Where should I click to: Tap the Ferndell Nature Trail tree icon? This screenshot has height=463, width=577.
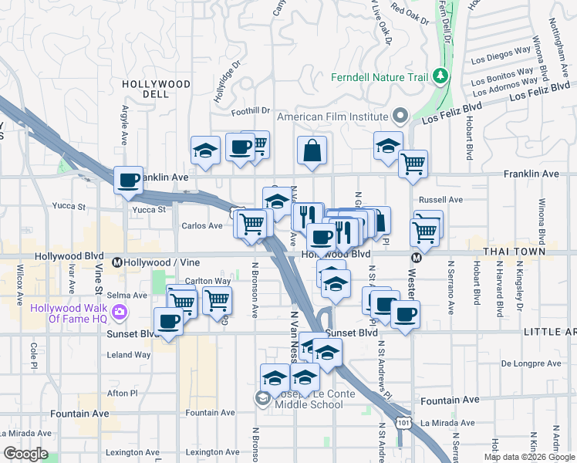click(440, 76)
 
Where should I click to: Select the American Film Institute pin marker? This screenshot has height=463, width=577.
click(400, 117)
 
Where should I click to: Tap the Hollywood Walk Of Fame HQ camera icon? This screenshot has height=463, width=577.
click(120, 313)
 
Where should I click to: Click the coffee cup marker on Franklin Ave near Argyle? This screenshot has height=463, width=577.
click(128, 180)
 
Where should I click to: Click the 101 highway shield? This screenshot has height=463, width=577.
click(402, 423)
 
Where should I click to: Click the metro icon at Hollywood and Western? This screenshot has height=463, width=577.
click(416, 259)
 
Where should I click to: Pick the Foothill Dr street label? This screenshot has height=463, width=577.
click(255, 111)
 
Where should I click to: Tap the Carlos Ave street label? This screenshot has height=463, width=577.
click(201, 226)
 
